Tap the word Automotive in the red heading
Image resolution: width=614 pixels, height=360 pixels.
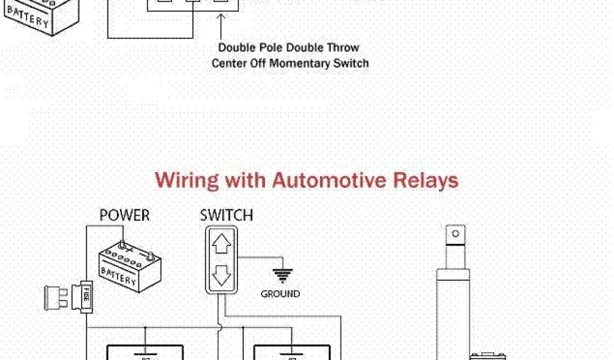pyautogui.click(x=325, y=180)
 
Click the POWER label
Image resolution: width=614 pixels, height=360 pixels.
pyautogui.click(x=125, y=215)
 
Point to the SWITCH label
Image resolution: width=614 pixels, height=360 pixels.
pyautogui.click(x=227, y=215)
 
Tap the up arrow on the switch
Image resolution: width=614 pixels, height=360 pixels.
pyautogui.click(x=222, y=244)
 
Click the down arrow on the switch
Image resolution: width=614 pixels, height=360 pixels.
pyautogui.click(x=222, y=275)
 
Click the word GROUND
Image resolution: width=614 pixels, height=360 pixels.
pyautogui.click(x=280, y=294)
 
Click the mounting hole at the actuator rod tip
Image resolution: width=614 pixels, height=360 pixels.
pyautogui.click(x=455, y=233)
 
